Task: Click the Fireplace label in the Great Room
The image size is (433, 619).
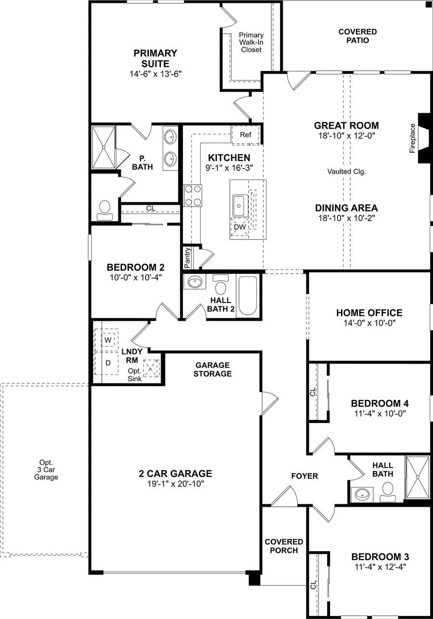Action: point(412,139)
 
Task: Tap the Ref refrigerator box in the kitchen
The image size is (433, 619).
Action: point(245,135)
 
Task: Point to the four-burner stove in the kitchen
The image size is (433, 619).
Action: point(192,196)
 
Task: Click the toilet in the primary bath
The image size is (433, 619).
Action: point(104,209)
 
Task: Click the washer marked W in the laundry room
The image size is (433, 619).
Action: point(108,339)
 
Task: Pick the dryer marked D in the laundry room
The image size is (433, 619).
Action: point(108,362)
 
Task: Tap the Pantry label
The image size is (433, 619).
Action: point(187,258)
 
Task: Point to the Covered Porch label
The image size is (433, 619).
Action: point(284,546)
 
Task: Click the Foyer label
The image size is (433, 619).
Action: point(305,476)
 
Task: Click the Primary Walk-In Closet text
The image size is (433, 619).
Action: point(251,42)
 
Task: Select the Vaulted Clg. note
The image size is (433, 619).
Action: point(344,171)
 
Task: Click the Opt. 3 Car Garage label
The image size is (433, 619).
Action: point(46,470)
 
